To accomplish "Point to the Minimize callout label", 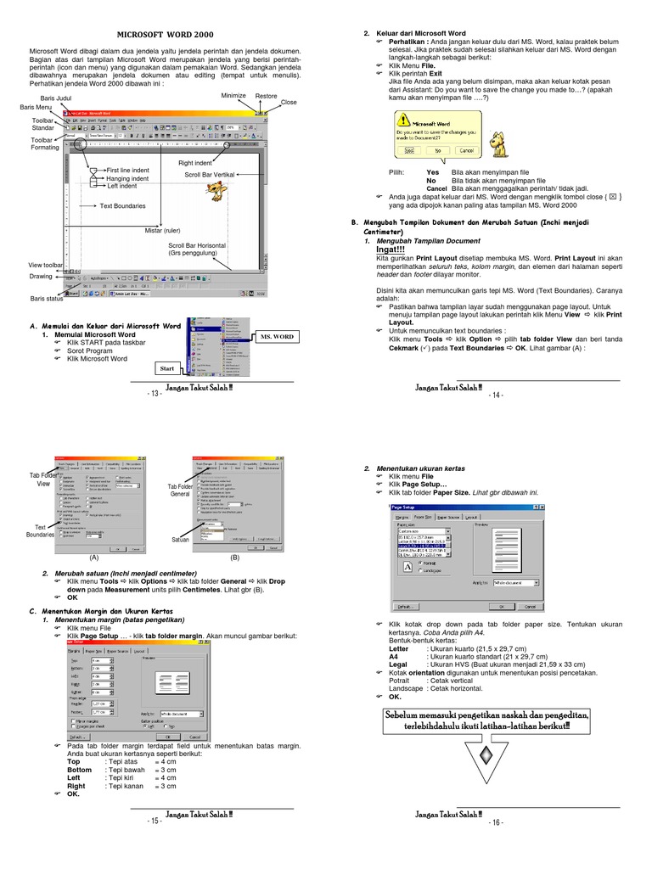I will coord(233,96).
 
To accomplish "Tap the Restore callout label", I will coord(266,96).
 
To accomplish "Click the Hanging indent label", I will coord(128,178).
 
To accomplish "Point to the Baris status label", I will coord(48,299).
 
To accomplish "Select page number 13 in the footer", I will coord(154,394).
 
